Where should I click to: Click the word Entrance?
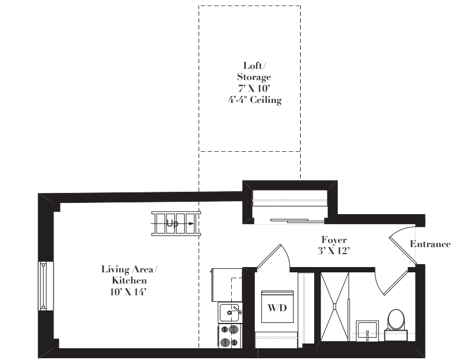430,244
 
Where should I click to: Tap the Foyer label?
334,240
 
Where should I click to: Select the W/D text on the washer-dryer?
277,308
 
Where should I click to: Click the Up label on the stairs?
172,223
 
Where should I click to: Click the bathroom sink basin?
367,331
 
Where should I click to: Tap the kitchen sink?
230,313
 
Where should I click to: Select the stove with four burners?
230,336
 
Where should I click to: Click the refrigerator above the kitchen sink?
227,285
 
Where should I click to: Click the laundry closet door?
269,256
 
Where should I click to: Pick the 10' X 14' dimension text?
129,292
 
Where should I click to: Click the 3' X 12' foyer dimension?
334,251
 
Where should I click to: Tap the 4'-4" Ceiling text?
255,100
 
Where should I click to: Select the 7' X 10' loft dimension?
254,88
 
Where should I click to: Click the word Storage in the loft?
254,77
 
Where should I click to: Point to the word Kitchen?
129,281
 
